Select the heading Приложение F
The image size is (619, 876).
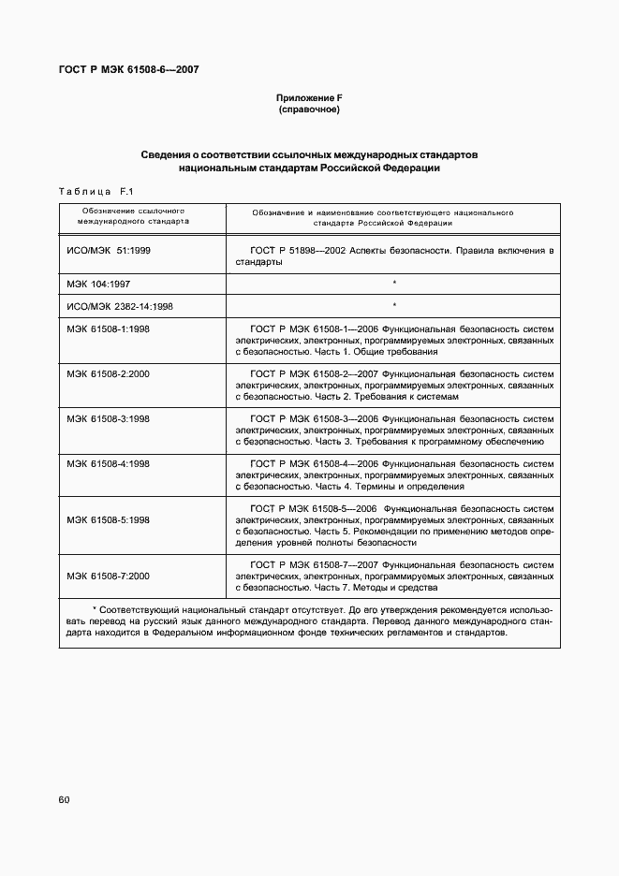pyautogui.click(x=308, y=98)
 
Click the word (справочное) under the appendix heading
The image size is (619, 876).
pyautogui.click(x=308, y=109)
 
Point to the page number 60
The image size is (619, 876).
pyautogui.click(x=64, y=799)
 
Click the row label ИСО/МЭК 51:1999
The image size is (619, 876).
pyautogui.click(x=109, y=251)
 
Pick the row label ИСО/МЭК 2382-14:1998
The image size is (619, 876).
pyautogui.click(x=120, y=305)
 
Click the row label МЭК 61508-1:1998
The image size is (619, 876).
pyautogui.click(x=109, y=329)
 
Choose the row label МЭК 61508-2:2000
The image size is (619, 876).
pyautogui.click(x=109, y=373)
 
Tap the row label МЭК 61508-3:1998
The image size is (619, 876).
pyautogui.click(x=109, y=418)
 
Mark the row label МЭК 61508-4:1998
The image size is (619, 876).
pyautogui.click(x=109, y=463)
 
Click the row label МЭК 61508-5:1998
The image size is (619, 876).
pyautogui.click(x=109, y=519)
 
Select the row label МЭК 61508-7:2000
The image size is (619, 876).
pyautogui.click(x=109, y=576)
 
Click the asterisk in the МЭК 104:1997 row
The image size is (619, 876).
pyautogui.click(x=394, y=283)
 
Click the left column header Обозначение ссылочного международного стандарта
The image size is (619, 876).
pyautogui.click(x=133, y=218)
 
